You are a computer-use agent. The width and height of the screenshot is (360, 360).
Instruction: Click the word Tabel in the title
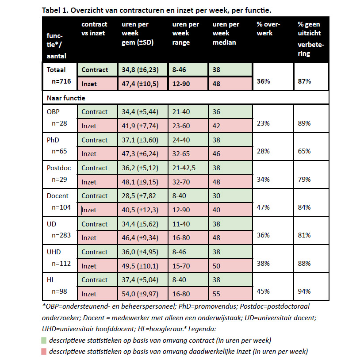tap(51, 9)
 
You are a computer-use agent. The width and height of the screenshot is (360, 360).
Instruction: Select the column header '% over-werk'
tap(268, 29)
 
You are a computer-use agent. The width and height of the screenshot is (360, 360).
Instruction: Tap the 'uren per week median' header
tap(226, 33)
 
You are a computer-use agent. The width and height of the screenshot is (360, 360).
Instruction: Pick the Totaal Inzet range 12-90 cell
tap(181, 84)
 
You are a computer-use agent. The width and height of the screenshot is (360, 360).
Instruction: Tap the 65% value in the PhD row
tap(304, 151)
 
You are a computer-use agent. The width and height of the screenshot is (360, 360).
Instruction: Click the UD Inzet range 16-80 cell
tap(181, 238)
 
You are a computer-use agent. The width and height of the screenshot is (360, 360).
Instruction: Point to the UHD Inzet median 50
tap(217, 266)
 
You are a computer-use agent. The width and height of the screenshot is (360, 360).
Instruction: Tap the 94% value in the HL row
tap(304, 291)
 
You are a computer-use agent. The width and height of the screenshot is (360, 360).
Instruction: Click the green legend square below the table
tap(44, 341)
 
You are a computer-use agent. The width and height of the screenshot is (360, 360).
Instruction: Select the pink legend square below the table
tap(44, 352)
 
